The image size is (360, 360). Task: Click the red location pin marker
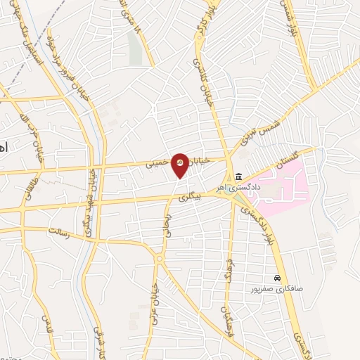(x=181, y=165)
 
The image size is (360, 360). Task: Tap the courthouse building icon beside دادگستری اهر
(x=239, y=176)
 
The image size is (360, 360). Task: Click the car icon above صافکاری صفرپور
(x=279, y=278)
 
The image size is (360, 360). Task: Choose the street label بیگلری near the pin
(x=189, y=198)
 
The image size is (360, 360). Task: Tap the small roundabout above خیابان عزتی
(x=160, y=259)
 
